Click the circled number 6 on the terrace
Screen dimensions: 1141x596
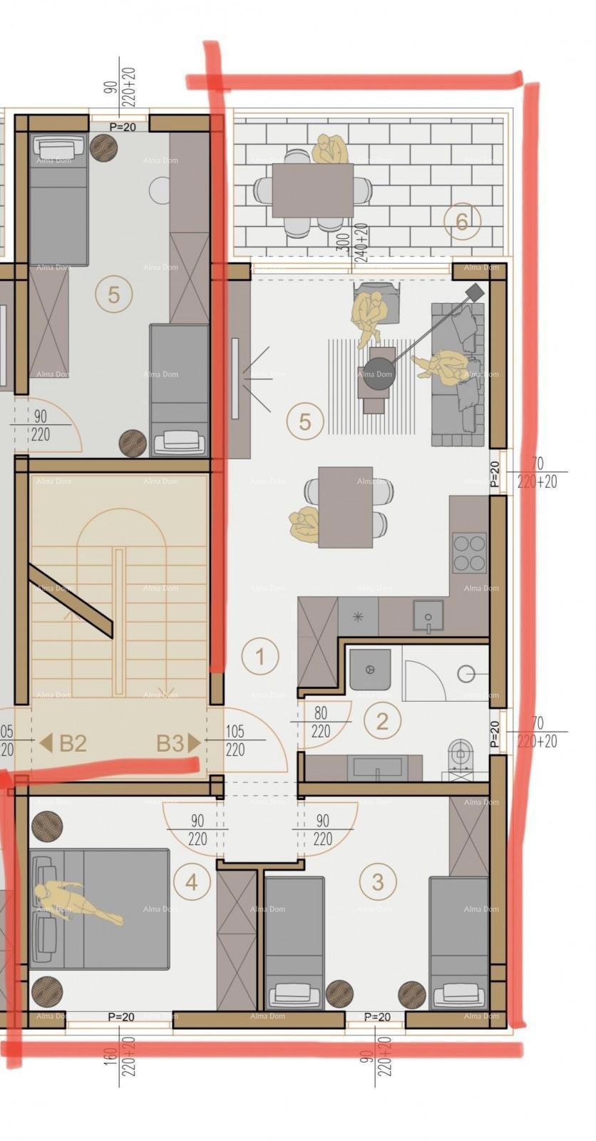pos(461,222)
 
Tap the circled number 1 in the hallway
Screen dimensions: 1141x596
pos(260,656)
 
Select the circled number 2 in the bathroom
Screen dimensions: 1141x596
pos(382,721)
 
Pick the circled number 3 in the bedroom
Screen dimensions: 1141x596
pos(377,881)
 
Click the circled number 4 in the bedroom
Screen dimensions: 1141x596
pos(192,882)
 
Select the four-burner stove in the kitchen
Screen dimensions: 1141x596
pos(469,552)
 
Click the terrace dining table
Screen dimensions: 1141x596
pos(312,190)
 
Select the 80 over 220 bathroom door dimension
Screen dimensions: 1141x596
pos(321,722)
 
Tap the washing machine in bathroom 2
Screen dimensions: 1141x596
pos(370,670)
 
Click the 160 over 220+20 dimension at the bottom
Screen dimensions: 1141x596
pos(122,1060)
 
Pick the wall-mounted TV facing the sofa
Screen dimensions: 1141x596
pos(235,377)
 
